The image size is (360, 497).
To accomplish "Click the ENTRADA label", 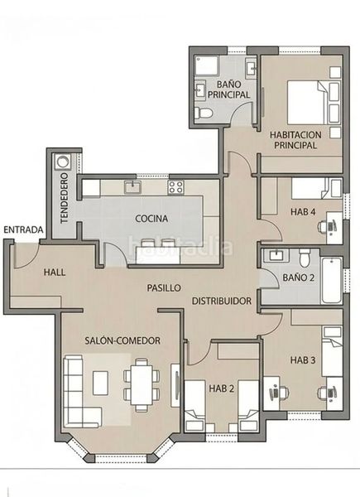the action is pos(23,229).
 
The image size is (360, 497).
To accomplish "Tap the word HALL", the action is pos(55,273).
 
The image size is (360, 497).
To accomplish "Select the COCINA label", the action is pos(151,219).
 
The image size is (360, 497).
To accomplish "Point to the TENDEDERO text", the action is pos(65,198).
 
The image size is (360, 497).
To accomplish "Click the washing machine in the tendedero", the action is pos(63,162).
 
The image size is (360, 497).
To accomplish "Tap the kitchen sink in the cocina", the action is pos(132,186).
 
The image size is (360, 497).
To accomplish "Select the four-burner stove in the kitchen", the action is pos(175,187).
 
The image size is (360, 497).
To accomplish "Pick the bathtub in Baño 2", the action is pos(332,280).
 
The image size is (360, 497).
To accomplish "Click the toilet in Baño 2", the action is pos(305,258).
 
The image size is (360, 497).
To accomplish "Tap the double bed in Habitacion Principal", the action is pos(306,102).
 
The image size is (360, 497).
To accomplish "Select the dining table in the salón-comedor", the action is pos(142,385).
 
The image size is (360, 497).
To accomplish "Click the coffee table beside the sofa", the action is pos(101,383).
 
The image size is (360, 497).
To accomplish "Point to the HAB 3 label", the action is pos(303,360).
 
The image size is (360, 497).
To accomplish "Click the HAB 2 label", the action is pos(221,388).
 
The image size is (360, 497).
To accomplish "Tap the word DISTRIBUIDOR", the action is pos(222,301).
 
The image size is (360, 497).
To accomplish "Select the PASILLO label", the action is pos(164,287).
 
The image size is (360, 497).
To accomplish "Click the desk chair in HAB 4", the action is pos(324,226).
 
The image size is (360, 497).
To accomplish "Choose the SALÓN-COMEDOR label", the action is pos(122,340).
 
